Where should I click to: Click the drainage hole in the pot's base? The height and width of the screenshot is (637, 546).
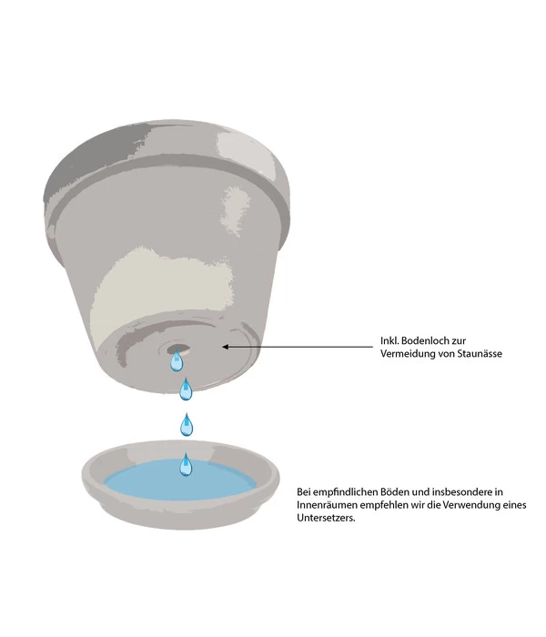click(177, 347)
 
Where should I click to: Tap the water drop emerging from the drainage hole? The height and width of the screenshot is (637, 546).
click(177, 362)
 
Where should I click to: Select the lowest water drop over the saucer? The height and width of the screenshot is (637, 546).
click(186, 466)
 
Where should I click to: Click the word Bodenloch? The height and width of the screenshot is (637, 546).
click(430, 341)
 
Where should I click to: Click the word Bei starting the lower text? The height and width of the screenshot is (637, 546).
click(305, 491)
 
